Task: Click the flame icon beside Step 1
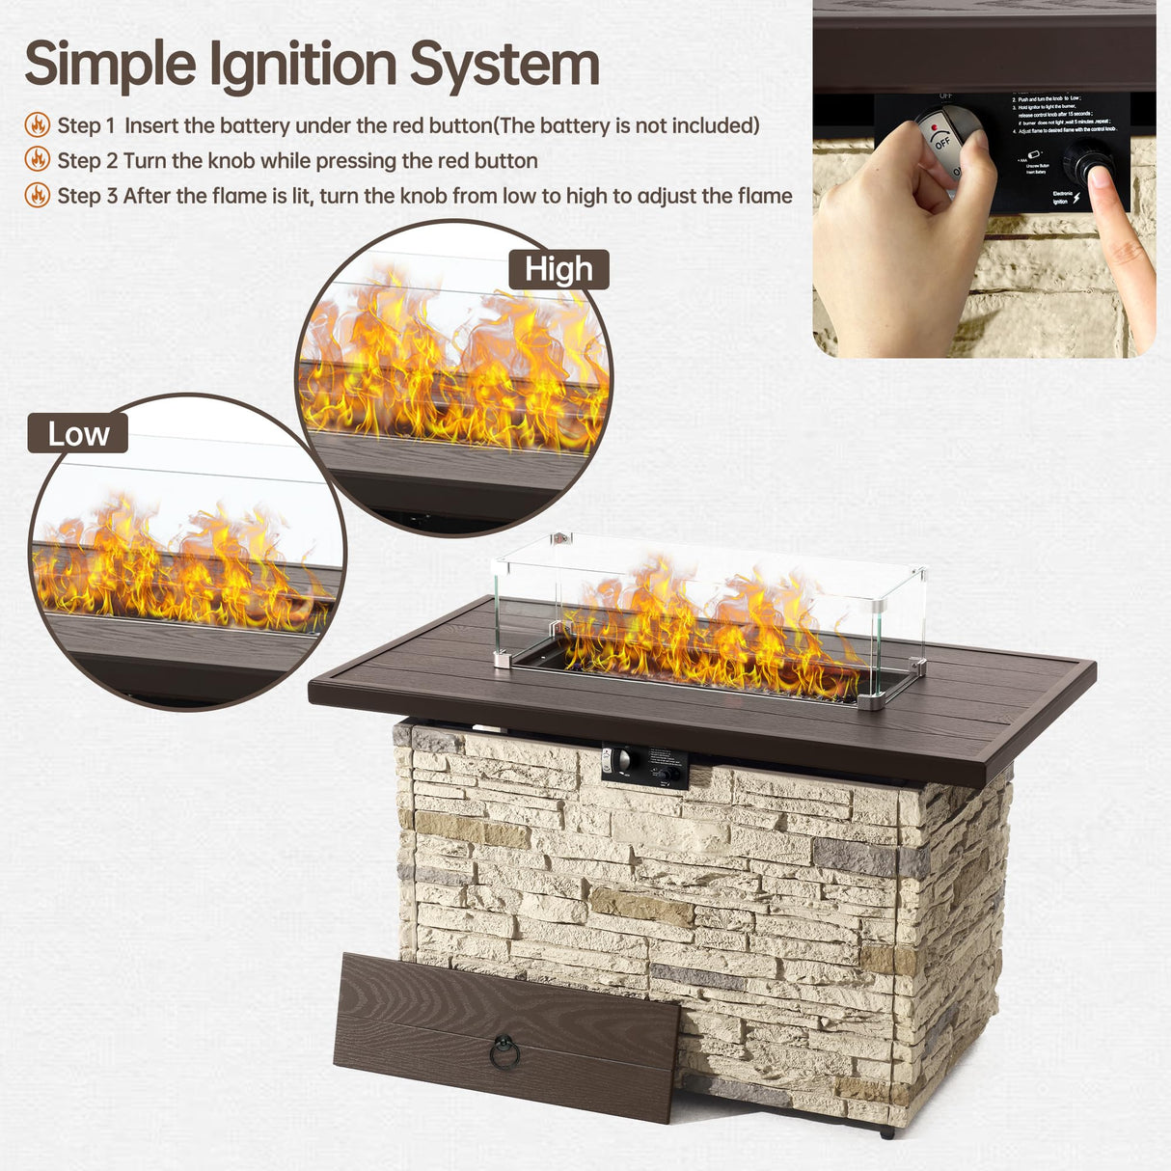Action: pos(38,124)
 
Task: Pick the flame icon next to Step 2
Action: pos(38,159)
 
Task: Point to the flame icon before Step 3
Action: pos(38,195)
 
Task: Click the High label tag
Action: pos(558,269)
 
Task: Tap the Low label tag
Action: pos(78,434)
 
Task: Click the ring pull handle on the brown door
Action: pos(504,1052)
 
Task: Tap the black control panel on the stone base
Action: pos(645,766)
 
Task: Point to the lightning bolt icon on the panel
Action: pos(1076,197)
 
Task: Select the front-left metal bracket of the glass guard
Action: pos(503,661)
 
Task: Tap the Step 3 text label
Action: pos(87,196)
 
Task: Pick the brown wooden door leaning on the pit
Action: pos(506,1037)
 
